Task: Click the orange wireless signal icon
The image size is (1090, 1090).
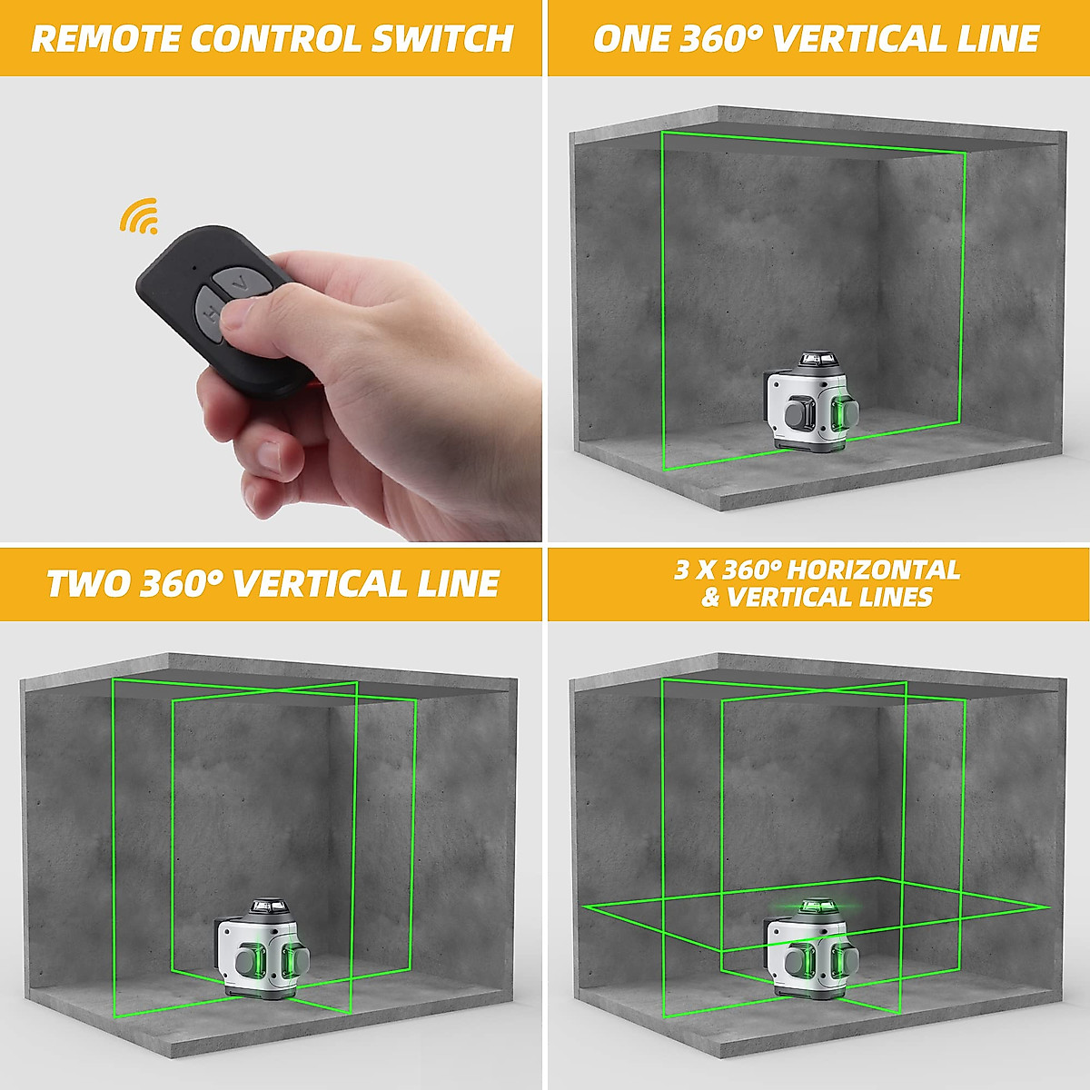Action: (x=139, y=215)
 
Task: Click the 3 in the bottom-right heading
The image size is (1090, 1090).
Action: (x=681, y=570)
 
